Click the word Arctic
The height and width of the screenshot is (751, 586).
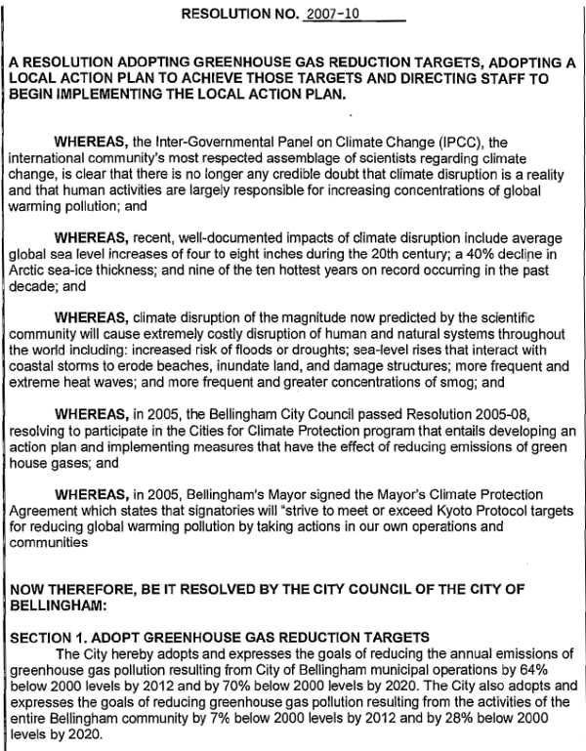click(x=30, y=271)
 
